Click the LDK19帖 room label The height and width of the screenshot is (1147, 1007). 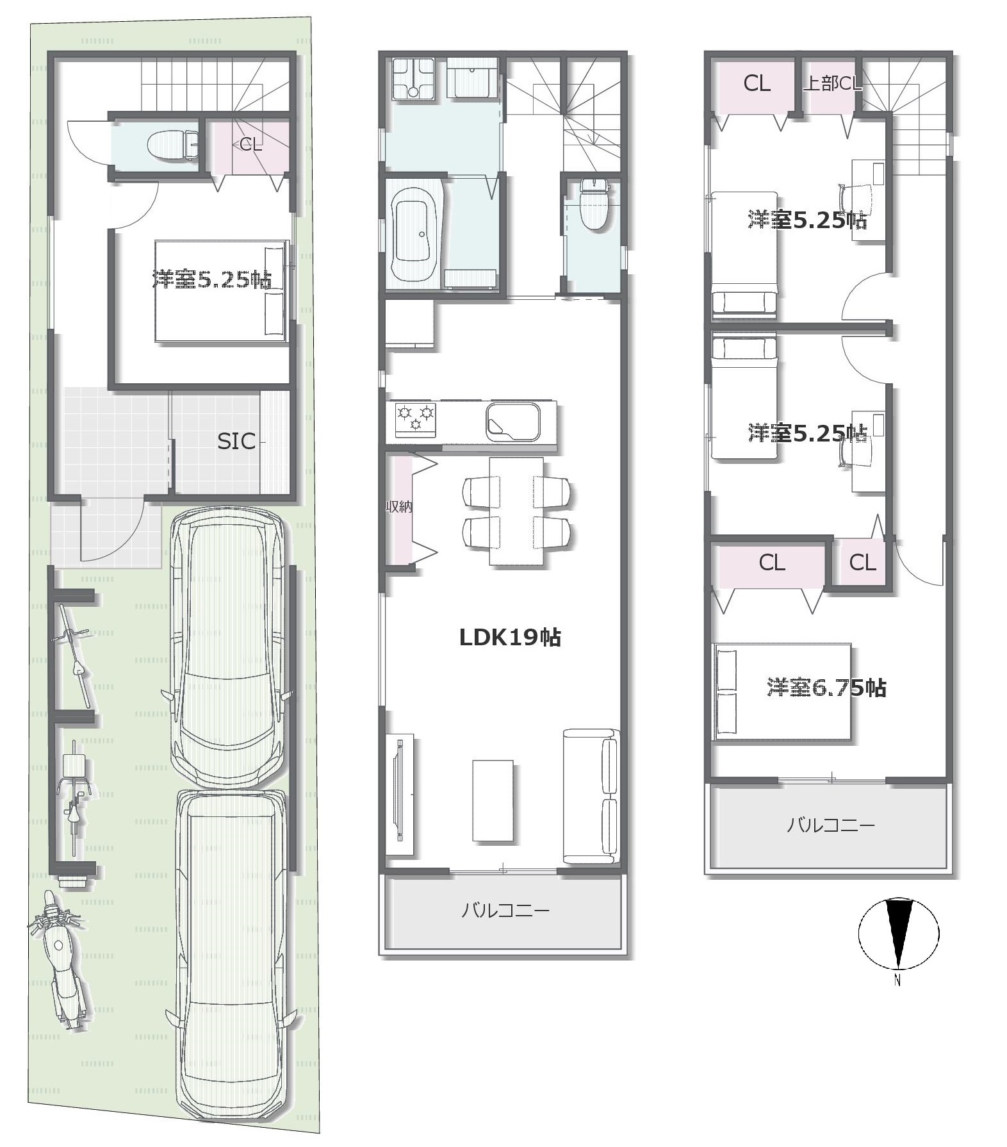pyautogui.click(x=511, y=637)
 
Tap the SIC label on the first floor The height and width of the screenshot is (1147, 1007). pyautogui.click(x=236, y=441)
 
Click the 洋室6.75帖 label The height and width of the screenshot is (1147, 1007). pyautogui.click(x=826, y=688)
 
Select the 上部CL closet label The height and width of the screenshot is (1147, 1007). pyautogui.click(x=832, y=83)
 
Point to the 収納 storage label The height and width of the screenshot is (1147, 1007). pyautogui.click(x=398, y=506)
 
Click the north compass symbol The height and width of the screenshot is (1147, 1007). pyautogui.click(x=898, y=934)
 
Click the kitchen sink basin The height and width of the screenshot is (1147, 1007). pyautogui.click(x=512, y=421)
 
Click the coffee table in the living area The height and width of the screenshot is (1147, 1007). pyautogui.click(x=493, y=800)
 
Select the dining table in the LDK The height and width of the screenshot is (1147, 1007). pyautogui.click(x=516, y=511)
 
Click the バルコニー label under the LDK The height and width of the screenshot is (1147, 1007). pyautogui.click(x=506, y=910)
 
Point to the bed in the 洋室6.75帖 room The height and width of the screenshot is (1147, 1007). pyautogui.click(x=782, y=692)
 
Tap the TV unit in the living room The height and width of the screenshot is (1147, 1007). pyautogui.click(x=400, y=795)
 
